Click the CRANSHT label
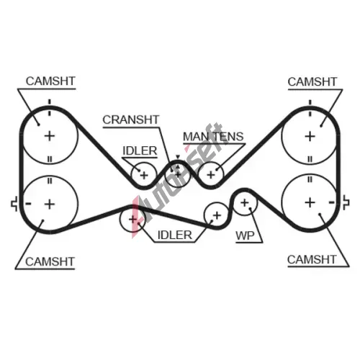[x=131, y=120]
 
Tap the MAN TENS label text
[x=213, y=137]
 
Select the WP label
[x=245, y=235]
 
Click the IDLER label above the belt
[x=140, y=150]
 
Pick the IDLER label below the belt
[x=175, y=235]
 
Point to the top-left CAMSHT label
[x=50, y=81]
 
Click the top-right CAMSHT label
[x=312, y=82]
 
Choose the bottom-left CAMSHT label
[x=50, y=261]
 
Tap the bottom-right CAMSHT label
[x=312, y=259]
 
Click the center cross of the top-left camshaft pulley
[x=50, y=136]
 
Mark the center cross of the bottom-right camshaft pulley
[x=310, y=202]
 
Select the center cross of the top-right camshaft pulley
[x=310, y=137]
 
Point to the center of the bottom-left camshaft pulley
[x=50, y=204]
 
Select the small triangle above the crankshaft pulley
[x=178, y=157]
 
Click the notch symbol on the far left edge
[x=14, y=204]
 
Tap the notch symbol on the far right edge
[x=346, y=203]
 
